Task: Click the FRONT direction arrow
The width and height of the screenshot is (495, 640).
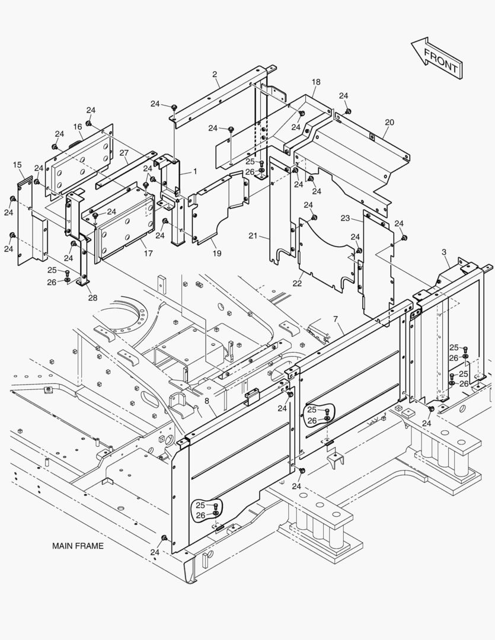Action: (436, 57)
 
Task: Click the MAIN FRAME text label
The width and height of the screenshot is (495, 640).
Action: (77, 546)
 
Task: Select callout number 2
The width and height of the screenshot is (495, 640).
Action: (215, 74)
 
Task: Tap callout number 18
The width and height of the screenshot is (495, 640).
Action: (316, 82)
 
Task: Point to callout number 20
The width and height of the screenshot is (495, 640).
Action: (389, 123)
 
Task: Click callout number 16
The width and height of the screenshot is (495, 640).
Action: (78, 127)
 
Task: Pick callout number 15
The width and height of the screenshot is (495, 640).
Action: (17, 165)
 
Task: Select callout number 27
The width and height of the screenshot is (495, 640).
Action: (124, 153)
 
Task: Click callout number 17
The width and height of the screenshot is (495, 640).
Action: (148, 253)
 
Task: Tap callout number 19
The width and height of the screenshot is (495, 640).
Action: (217, 253)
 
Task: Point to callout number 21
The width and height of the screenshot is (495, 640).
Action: (253, 236)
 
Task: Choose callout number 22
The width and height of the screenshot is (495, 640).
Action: (297, 283)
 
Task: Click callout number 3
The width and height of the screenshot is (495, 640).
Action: (444, 252)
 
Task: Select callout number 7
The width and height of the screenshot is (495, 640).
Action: (336, 319)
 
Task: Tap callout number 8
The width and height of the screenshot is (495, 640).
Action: (206, 401)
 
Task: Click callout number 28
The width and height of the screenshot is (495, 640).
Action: (92, 297)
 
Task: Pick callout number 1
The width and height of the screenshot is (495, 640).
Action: (194, 171)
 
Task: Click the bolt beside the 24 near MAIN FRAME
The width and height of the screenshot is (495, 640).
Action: (164, 537)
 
